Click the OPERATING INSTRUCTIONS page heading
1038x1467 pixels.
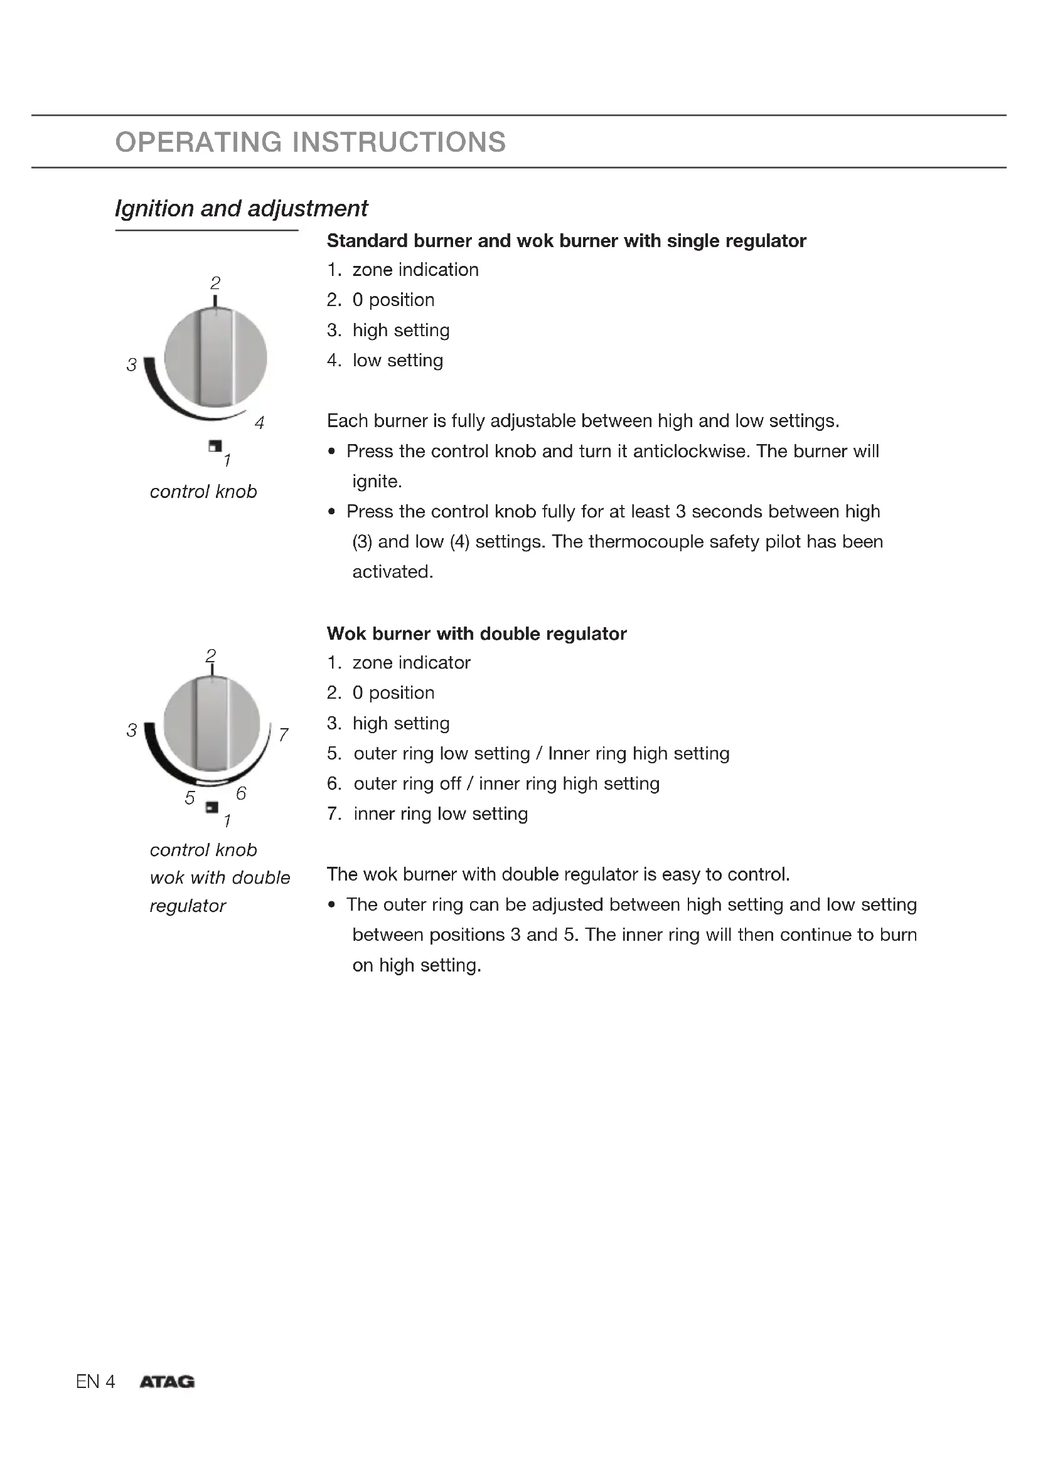click(x=311, y=142)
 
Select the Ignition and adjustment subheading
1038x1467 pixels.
click(x=241, y=208)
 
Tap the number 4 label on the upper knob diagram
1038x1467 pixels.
click(x=259, y=422)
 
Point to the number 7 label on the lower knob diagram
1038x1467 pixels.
click(x=283, y=734)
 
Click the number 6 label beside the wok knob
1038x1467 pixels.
click(x=241, y=793)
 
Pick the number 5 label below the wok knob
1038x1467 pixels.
click(x=190, y=797)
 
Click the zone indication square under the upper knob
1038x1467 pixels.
click(x=215, y=446)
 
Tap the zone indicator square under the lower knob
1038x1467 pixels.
click(x=212, y=808)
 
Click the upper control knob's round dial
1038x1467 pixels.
click(x=215, y=357)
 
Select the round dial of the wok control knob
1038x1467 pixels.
click(x=211, y=724)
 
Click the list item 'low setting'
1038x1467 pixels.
click(x=397, y=361)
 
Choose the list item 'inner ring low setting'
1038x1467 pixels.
click(x=441, y=813)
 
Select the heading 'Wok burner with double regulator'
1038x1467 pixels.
click(x=476, y=634)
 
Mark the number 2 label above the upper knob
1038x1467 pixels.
click(x=215, y=282)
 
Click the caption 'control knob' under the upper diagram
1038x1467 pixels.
click(x=203, y=491)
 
